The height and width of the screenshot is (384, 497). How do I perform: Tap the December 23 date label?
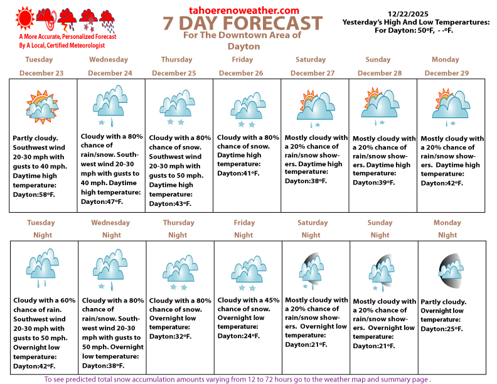click(41, 73)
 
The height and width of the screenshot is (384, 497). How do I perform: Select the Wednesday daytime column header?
click(109, 60)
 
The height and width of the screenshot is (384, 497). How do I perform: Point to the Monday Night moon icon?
click(449, 267)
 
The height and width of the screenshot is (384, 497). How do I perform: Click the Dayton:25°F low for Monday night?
click(442, 328)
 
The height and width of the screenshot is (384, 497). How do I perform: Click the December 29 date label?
click(447, 73)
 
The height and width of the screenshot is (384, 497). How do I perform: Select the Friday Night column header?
click(244, 228)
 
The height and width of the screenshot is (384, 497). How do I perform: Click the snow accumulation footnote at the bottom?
click(237, 379)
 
